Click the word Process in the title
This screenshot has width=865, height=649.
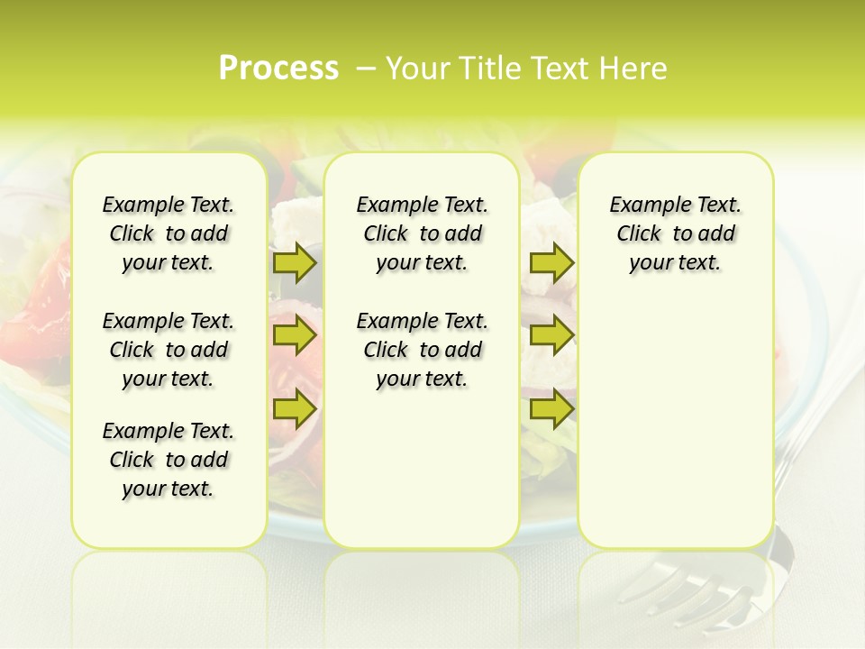[x=278, y=69]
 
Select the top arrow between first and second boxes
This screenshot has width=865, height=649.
[x=294, y=263]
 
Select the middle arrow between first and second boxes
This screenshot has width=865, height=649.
[x=294, y=336]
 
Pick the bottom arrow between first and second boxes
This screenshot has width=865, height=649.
[x=294, y=409]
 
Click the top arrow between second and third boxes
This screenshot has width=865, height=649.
[x=551, y=263]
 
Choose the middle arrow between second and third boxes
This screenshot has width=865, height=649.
[x=551, y=336]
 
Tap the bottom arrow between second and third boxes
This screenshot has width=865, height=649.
[x=551, y=409]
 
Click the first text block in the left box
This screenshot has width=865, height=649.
[x=168, y=233]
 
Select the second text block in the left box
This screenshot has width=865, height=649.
[x=168, y=350]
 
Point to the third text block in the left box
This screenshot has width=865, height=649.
[x=168, y=460]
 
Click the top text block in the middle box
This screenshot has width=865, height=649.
[x=422, y=233]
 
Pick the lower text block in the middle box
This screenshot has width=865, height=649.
[x=422, y=350]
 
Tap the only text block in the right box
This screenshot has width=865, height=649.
[x=675, y=233]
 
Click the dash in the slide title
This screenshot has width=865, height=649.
[x=366, y=69]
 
